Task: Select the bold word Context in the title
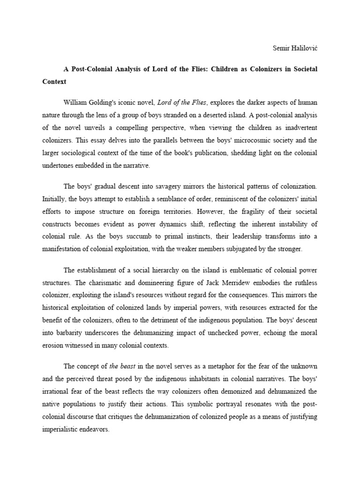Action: tap(54, 81)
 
